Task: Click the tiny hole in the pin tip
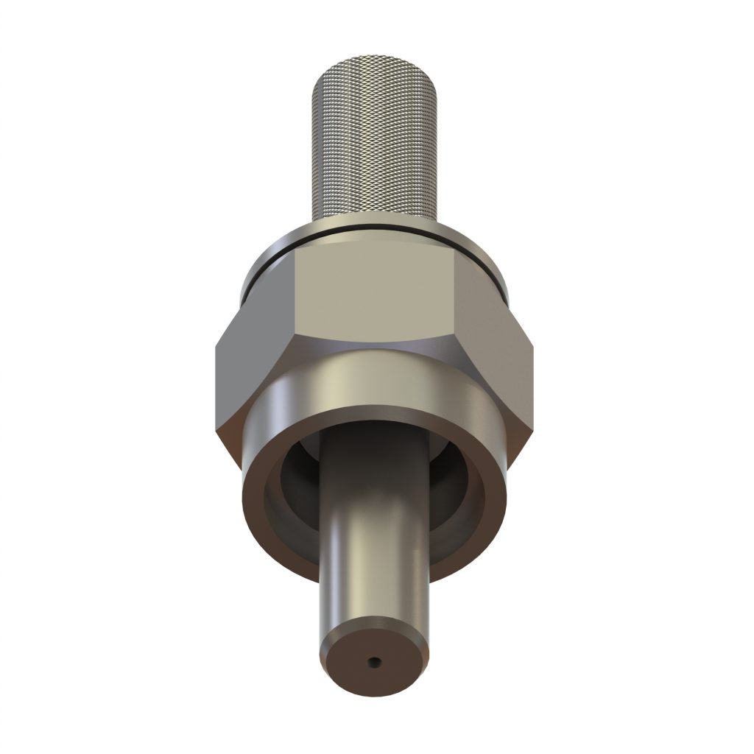point(375,661)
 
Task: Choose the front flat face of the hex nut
point(376,295)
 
